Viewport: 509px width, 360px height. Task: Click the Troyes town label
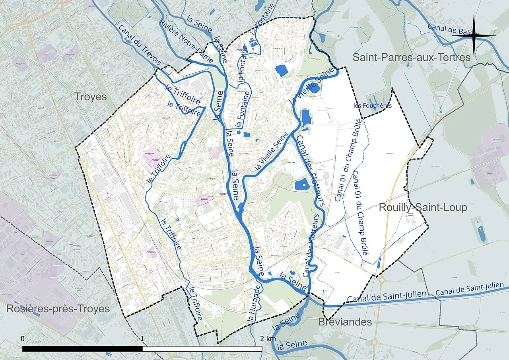90,97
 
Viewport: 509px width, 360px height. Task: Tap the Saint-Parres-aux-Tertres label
411,57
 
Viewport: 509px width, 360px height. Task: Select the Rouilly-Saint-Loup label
423,207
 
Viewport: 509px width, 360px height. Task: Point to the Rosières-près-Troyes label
58,309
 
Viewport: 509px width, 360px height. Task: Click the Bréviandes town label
345,322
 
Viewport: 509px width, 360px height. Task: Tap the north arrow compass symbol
474,35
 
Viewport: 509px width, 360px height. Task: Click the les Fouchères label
373,105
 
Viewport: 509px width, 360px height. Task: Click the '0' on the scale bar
23,339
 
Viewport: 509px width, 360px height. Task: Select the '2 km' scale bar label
268,339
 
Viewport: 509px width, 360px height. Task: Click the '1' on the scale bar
142,339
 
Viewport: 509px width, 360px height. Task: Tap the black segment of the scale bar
82,349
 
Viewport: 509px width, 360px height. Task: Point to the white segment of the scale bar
202,349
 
